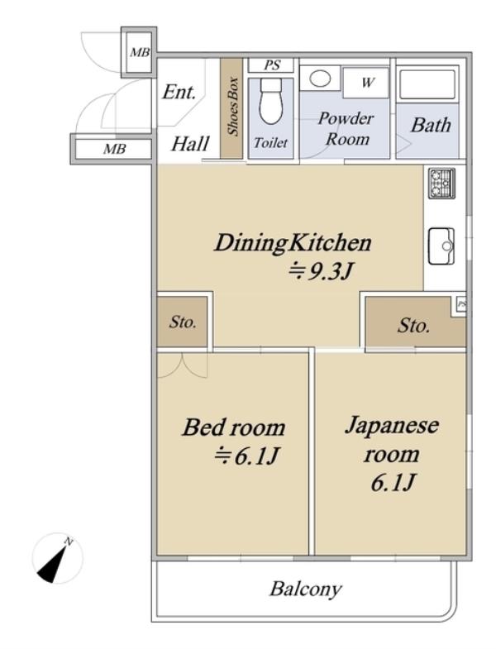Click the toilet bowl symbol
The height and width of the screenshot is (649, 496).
pyautogui.click(x=270, y=101)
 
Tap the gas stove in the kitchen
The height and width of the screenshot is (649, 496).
pyautogui.click(x=441, y=183)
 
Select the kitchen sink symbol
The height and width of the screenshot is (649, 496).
pyautogui.click(x=441, y=246)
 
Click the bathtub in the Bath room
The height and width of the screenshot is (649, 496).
pyautogui.click(x=427, y=85)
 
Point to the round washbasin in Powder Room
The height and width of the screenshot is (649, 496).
pyautogui.click(x=320, y=79)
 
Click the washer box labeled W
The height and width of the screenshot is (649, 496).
pyautogui.click(x=365, y=83)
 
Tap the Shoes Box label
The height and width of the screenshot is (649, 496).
pyautogui.click(x=233, y=106)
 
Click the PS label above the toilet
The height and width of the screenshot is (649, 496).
pyautogui.click(x=272, y=65)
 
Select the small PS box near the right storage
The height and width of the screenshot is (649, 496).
pyautogui.click(x=460, y=305)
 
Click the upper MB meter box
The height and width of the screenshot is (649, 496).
pyautogui.click(x=139, y=53)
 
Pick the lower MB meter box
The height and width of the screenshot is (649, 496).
pyautogui.click(x=112, y=149)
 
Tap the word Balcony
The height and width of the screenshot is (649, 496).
pyautogui.click(x=306, y=589)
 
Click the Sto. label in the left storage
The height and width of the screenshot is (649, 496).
pyautogui.click(x=182, y=322)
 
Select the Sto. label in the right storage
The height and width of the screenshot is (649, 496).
pyautogui.click(x=413, y=326)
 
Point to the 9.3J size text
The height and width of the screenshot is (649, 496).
pyautogui.click(x=320, y=272)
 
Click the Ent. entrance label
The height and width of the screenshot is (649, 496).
pyautogui.click(x=179, y=92)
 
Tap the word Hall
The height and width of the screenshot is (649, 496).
pyautogui.click(x=190, y=144)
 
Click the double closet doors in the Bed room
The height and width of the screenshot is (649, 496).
pyautogui.click(x=182, y=365)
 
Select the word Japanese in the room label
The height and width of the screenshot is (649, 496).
pyautogui.click(x=392, y=427)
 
